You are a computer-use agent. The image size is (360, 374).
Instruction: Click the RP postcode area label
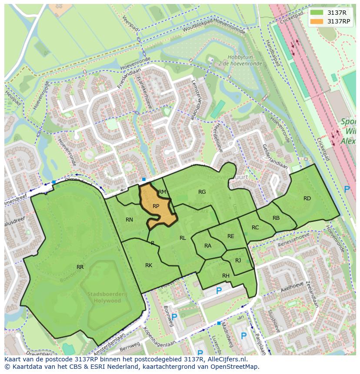[x=156, y=206]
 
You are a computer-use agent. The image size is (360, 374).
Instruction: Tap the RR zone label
[x=80, y=267]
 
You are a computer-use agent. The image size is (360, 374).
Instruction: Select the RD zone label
[x=307, y=199]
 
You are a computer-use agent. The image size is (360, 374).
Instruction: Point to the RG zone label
[x=202, y=192]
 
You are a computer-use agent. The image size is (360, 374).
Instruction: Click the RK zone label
[x=149, y=265]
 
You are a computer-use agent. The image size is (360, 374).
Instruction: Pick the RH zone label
[x=226, y=276]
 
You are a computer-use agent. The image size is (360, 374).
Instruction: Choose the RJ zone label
[x=238, y=261]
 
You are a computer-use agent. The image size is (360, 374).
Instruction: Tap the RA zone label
[x=208, y=246]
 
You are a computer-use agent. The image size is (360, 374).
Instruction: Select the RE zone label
[x=231, y=236]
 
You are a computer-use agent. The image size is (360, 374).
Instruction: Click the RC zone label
[x=255, y=228]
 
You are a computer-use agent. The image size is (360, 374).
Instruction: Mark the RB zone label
[x=276, y=218]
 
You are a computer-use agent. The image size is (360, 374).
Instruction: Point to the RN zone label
[x=129, y=220]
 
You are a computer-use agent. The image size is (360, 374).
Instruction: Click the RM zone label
[x=162, y=192]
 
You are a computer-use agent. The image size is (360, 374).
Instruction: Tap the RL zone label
[x=183, y=238]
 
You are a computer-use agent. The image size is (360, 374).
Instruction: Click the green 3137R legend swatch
[x=317, y=13]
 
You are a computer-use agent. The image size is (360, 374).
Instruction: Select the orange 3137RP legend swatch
[x=317, y=21]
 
